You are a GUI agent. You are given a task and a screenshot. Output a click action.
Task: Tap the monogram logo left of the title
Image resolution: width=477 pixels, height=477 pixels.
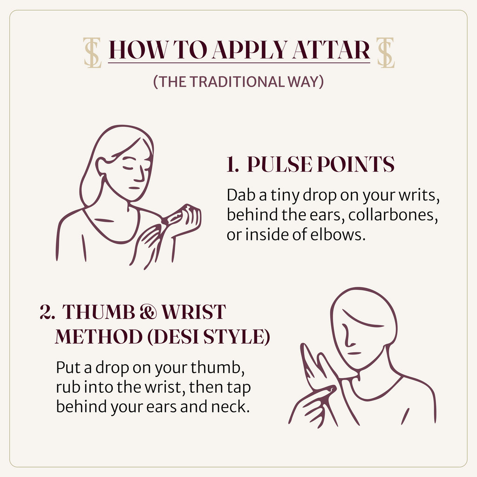93,52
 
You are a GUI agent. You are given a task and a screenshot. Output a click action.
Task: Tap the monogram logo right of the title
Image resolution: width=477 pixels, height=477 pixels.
385,52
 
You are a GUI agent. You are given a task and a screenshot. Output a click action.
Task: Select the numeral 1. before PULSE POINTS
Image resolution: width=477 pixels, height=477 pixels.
233,164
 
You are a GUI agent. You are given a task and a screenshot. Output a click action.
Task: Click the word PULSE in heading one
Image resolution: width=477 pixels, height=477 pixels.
279,164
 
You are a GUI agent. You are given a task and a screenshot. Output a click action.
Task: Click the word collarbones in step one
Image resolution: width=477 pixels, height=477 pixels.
393,215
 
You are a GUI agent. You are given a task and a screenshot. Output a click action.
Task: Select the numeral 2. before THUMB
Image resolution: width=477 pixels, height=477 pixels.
47,312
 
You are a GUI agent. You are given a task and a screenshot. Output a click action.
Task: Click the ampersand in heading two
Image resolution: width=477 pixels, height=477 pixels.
149,312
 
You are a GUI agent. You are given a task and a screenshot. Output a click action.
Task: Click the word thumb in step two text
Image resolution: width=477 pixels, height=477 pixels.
217,368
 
